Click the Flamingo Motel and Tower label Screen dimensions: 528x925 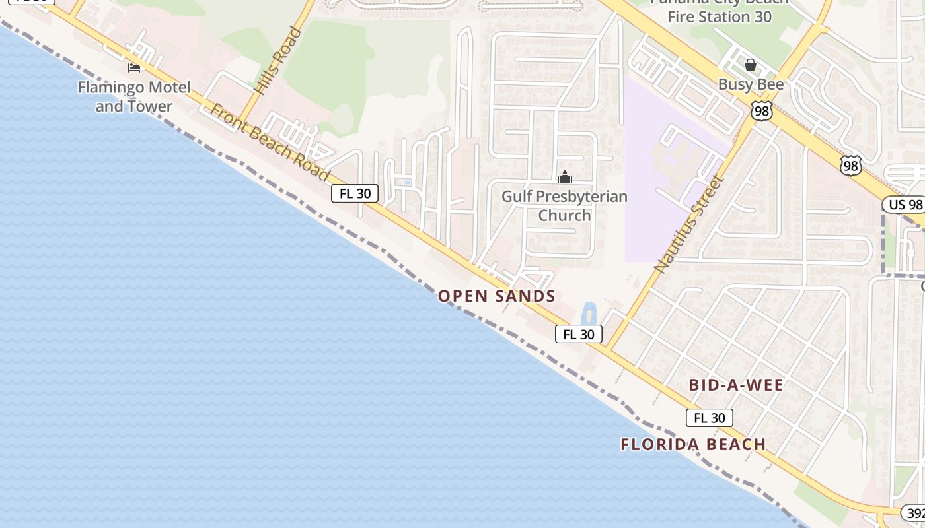click(x=134, y=96)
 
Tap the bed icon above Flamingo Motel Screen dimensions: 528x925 click(x=134, y=67)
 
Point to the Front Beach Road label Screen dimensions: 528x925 click(x=270, y=143)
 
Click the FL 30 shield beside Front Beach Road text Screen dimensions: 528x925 click(x=355, y=193)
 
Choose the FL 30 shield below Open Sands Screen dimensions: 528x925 click(x=579, y=334)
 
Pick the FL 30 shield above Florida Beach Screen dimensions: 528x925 click(x=709, y=418)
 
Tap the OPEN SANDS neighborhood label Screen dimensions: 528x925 click(x=497, y=296)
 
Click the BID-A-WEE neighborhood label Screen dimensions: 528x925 click(x=736, y=385)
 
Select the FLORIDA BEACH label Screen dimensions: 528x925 click(x=693, y=444)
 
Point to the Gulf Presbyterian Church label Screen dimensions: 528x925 click(x=564, y=205)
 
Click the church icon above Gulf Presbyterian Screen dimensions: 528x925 click(x=565, y=177)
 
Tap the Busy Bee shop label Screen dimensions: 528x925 click(x=751, y=84)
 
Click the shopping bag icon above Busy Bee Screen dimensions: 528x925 click(x=751, y=65)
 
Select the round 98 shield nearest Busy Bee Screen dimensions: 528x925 click(x=762, y=111)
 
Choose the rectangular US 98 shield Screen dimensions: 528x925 click(x=905, y=205)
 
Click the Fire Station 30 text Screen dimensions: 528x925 click(x=719, y=16)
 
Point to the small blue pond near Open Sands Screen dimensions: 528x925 click(x=589, y=313)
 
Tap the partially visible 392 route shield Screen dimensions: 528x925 click(x=914, y=513)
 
